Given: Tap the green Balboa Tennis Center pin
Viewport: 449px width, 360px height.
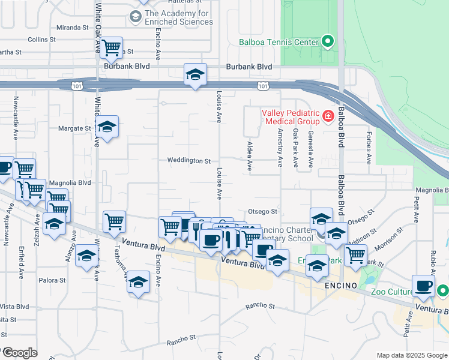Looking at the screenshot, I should [327, 41].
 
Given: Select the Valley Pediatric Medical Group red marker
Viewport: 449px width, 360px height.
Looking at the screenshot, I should [328, 116].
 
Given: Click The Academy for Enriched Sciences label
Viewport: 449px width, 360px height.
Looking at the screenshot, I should [178, 17].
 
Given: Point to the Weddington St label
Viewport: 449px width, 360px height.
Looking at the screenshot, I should [188, 161].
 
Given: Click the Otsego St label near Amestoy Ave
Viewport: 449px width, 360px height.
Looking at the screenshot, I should [263, 211].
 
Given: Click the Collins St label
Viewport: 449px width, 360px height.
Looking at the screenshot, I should [41, 39].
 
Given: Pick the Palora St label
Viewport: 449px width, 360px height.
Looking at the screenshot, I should [52, 280].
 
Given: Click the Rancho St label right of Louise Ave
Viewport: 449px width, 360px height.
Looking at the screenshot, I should [262, 306].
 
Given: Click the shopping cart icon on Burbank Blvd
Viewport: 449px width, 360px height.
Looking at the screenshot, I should [111, 47].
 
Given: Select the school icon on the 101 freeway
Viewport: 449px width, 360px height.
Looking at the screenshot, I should [195, 74].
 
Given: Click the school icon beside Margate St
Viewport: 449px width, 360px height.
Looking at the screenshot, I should [107, 127].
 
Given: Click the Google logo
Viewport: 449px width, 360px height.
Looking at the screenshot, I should [19, 353].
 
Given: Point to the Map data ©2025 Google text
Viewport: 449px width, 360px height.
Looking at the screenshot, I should [411, 355].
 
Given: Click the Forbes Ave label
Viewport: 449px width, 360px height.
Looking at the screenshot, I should [369, 148].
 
